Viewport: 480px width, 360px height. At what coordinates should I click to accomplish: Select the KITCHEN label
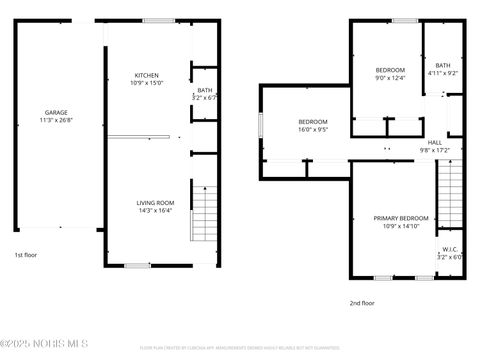(x=147, y=76)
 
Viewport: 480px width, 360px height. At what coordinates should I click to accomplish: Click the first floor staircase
(x=204, y=211)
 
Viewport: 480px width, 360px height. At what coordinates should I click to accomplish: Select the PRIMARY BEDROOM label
(x=401, y=218)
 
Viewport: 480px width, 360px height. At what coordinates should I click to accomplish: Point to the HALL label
(x=435, y=143)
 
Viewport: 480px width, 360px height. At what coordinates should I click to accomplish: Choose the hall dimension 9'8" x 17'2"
(x=435, y=151)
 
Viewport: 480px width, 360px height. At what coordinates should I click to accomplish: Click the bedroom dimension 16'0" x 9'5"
(x=311, y=129)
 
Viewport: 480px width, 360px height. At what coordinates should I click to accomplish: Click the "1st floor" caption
(x=25, y=256)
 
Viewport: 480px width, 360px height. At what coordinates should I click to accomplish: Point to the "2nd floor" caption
(x=361, y=302)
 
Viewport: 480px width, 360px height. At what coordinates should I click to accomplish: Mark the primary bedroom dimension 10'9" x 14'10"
(x=401, y=226)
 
